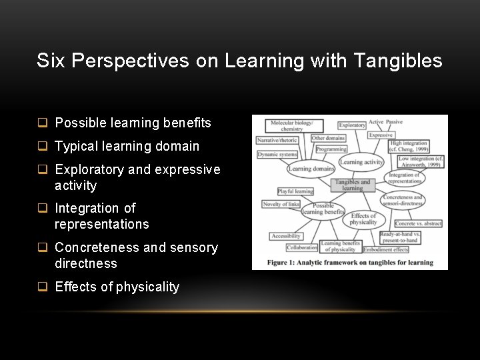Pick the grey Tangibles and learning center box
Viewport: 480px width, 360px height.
click(x=352, y=185)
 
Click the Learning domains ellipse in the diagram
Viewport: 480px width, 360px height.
click(x=311, y=169)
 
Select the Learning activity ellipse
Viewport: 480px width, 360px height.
click(x=361, y=162)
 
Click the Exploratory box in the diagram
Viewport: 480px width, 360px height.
click(x=351, y=125)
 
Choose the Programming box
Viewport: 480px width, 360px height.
click(x=331, y=149)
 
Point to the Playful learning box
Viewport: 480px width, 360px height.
click(x=295, y=191)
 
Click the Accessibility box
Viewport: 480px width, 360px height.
click(x=285, y=236)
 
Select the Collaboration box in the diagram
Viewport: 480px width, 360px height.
click(x=301, y=247)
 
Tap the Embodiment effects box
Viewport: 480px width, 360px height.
click(x=386, y=250)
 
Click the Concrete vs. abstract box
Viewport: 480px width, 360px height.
click(x=417, y=224)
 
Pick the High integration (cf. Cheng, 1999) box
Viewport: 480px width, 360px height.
click(x=408, y=146)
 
